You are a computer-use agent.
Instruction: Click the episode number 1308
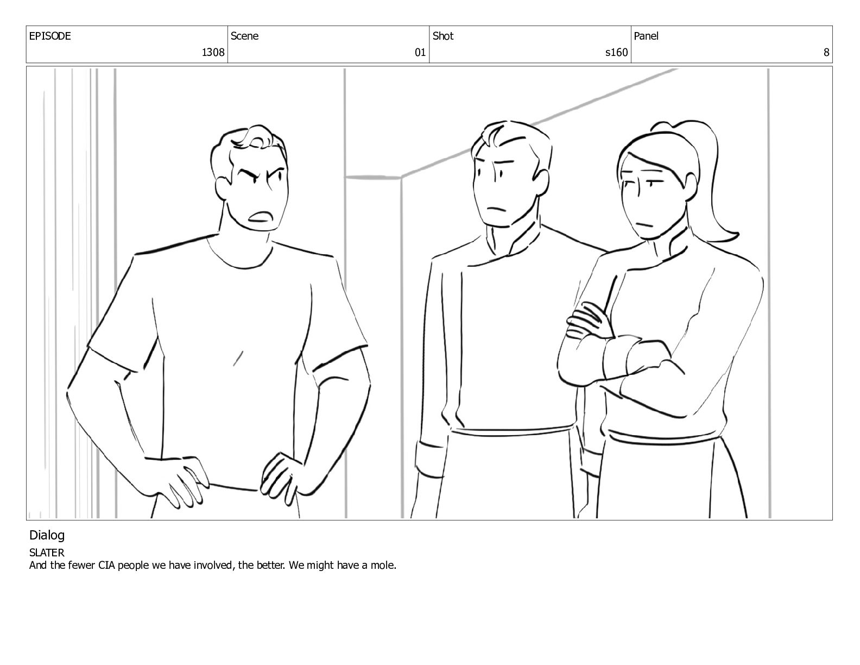click(213, 52)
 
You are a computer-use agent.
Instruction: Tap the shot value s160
click(616, 52)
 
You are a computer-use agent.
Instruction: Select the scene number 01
click(420, 52)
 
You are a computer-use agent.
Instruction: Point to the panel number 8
click(826, 52)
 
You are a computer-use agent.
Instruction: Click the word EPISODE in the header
click(50, 36)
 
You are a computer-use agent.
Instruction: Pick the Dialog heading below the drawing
click(47, 535)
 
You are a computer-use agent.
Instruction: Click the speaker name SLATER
click(47, 553)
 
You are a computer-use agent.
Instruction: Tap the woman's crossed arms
click(625, 356)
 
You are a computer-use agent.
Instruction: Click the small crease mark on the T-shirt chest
click(238, 358)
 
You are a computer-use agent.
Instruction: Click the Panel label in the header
click(646, 36)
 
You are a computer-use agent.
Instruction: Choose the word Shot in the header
click(443, 36)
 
